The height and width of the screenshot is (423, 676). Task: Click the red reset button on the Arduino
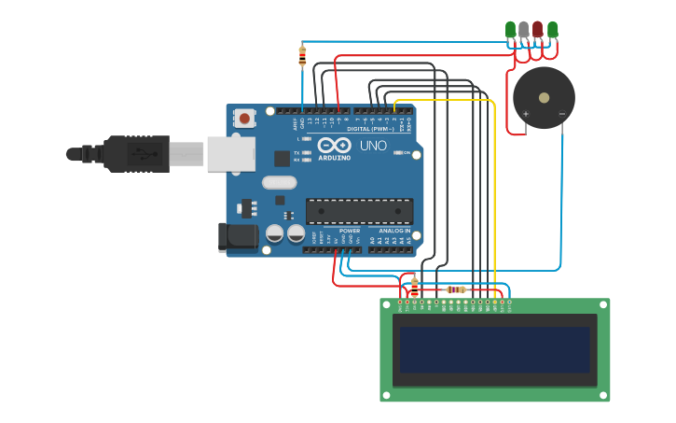pos(245,119)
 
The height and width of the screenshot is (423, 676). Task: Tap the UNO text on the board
pos(373,146)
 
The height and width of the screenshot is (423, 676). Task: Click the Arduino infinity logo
pos(333,146)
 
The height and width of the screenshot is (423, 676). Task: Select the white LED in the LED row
pos(524,30)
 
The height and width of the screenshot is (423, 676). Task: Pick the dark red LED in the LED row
pos(538,30)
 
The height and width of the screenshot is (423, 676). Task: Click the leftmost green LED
pos(510,30)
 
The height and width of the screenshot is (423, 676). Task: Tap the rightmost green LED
pos(553,30)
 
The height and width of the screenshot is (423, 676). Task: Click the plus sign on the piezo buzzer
pos(526,114)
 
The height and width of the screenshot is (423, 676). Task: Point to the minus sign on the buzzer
pos(561,114)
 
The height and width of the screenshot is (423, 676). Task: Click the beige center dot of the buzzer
pos(544,97)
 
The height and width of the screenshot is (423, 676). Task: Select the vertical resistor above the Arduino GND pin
pos(302,56)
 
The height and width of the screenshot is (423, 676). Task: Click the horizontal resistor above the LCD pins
pos(456,289)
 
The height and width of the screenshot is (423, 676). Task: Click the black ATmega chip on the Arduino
pos(359,212)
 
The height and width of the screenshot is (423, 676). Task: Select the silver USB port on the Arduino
pos(230,154)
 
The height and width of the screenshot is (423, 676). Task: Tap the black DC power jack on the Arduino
pos(238,237)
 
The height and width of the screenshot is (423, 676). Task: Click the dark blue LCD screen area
pos(495,348)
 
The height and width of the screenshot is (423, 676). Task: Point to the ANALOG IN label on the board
pos(393,230)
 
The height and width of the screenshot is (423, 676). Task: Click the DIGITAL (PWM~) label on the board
pos(370,129)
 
